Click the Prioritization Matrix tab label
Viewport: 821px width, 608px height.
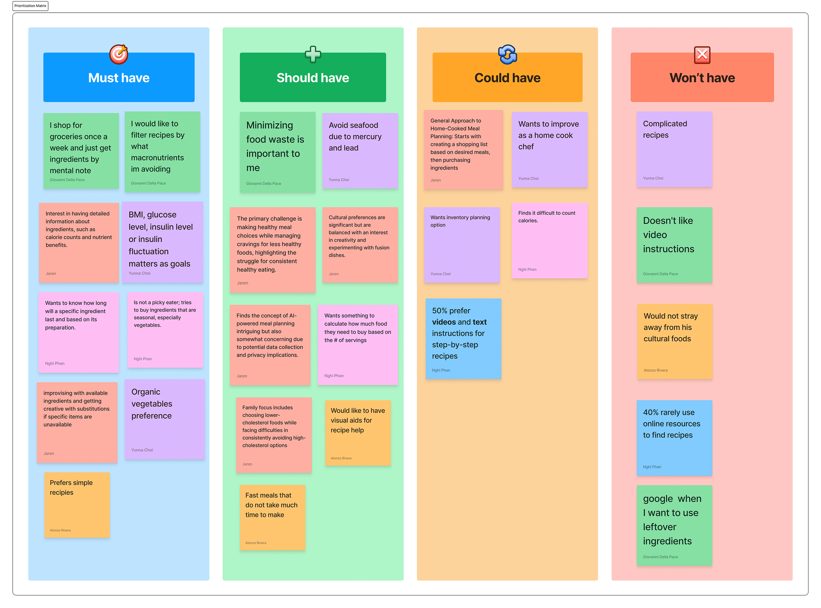point(30,6)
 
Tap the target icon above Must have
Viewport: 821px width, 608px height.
point(119,54)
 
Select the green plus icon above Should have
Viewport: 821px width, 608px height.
point(313,54)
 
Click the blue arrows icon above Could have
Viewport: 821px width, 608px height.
point(507,54)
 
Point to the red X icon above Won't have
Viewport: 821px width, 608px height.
point(702,55)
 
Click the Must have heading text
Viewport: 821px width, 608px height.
point(119,78)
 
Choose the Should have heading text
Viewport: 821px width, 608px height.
point(313,78)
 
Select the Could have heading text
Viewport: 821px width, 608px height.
point(507,78)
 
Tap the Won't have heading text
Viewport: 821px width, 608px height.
point(702,78)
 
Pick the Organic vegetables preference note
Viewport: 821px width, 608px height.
point(165,419)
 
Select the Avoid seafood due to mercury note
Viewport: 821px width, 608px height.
point(360,151)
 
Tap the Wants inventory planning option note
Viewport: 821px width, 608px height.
point(461,245)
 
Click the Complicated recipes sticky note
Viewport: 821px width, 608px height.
point(674,149)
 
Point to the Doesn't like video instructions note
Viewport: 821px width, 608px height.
point(674,245)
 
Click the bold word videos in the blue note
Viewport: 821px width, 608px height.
point(444,322)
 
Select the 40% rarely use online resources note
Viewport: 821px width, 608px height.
point(674,438)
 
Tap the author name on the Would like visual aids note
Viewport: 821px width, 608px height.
point(341,458)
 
